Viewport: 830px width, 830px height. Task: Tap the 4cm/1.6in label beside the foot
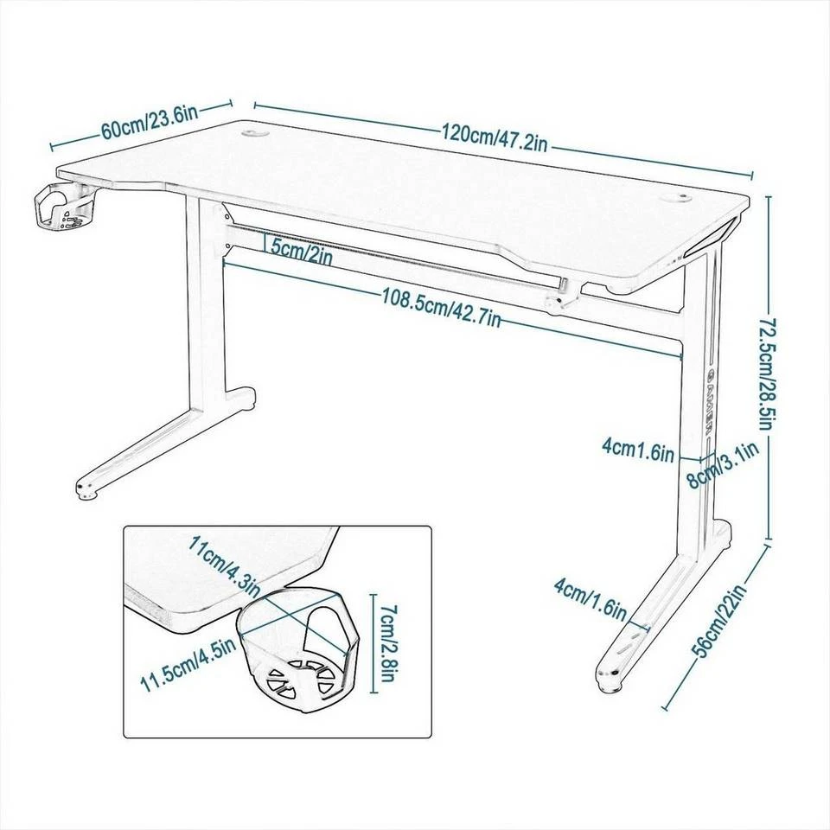pyautogui.click(x=591, y=599)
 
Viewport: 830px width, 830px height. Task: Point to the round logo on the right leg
pyautogui.click(x=707, y=374)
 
